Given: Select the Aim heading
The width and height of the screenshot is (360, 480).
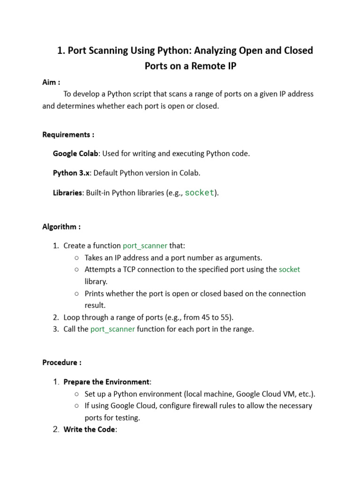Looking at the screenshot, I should click(x=51, y=82).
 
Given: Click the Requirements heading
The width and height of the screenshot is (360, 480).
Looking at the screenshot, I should click(x=68, y=135).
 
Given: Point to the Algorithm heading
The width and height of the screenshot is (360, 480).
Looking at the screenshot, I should click(x=61, y=227).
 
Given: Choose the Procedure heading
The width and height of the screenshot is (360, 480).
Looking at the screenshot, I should click(x=62, y=362).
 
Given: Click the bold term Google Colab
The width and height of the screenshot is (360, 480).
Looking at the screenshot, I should click(x=75, y=154).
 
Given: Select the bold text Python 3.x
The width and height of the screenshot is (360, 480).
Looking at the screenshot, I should click(x=71, y=173).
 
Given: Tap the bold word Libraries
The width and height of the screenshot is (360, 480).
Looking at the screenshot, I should click(x=67, y=193).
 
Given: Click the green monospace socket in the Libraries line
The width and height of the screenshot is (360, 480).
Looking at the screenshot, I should click(x=200, y=193).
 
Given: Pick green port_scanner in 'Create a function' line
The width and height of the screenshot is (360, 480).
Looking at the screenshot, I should click(x=145, y=246).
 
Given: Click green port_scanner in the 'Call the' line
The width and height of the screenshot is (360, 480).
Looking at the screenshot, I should click(x=112, y=329).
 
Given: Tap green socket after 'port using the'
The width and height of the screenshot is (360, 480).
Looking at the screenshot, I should click(x=289, y=270).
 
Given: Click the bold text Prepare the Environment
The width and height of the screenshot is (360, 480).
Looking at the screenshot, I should click(x=106, y=382).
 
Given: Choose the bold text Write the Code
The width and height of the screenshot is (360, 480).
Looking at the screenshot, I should click(x=89, y=429).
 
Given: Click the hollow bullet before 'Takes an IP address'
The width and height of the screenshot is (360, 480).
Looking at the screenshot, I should click(x=76, y=258).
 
